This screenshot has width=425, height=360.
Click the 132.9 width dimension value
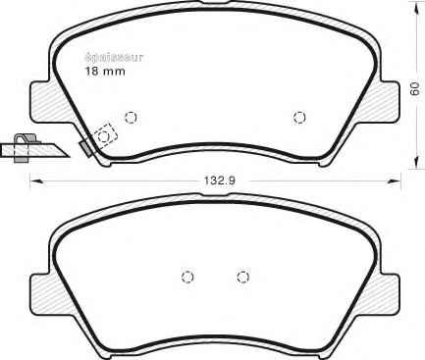[220, 180]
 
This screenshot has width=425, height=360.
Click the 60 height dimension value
[415, 88]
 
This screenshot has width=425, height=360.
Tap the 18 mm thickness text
[105, 71]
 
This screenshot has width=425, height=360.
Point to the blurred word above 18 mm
[115, 58]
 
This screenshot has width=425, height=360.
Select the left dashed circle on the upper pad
[131, 117]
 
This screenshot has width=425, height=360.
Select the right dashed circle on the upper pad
[299, 117]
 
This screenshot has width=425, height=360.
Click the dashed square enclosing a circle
[105, 136]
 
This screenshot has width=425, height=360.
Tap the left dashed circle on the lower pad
[187, 277]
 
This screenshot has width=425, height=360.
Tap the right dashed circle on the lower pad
[242, 277]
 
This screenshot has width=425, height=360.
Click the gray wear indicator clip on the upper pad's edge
[86, 148]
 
